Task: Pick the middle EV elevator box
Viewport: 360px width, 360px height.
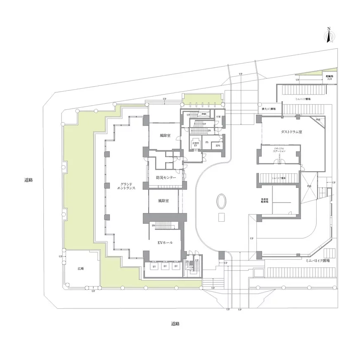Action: (x=165, y=267)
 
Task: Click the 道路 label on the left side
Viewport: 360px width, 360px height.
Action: (x=28, y=180)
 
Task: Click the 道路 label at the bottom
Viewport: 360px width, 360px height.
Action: (x=175, y=324)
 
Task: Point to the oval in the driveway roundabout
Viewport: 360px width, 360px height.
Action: (x=221, y=202)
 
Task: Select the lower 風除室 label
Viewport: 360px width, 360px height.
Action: (x=164, y=201)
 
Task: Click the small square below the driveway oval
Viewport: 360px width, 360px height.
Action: (x=222, y=218)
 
